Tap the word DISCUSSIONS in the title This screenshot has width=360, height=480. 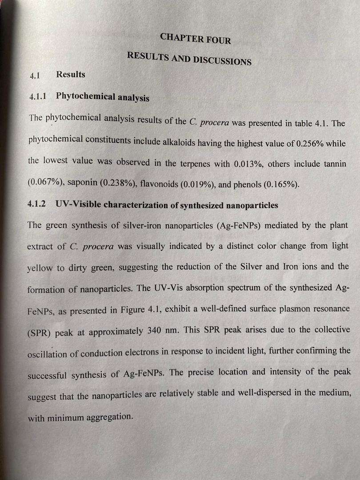click(221, 60)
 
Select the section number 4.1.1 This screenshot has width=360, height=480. click(39, 96)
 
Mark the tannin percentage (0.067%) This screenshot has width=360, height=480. click(44, 182)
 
